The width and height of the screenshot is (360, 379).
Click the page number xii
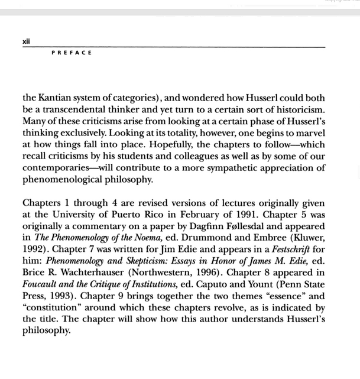pos(26,41)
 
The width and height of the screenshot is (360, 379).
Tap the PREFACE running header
pos(72,53)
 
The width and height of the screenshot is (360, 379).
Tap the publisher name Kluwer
pos(306,238)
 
